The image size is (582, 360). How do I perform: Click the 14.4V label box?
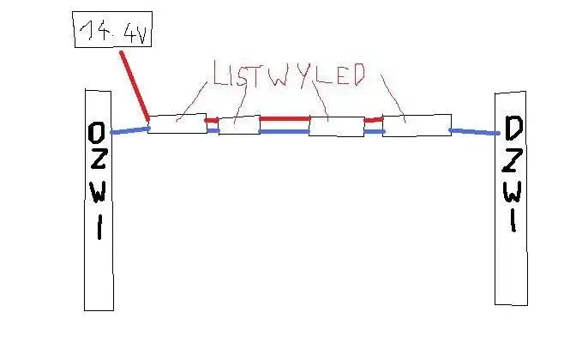[112, 30]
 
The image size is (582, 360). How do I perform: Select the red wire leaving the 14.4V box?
[135, 86]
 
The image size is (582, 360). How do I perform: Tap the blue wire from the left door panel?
[130, 130]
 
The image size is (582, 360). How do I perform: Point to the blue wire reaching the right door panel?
[474, 131]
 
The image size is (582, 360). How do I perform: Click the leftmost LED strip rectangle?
[177, 123]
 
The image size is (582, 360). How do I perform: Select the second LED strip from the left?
[239, 125]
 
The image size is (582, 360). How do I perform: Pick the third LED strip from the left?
[336, 126]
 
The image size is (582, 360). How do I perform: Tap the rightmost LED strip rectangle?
[417, 125]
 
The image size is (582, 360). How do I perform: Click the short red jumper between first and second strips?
[212, 120]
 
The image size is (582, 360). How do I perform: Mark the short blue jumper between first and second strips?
[213, 130]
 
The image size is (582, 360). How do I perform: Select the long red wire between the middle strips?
[285, 119]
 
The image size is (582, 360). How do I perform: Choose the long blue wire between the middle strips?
[285, 131]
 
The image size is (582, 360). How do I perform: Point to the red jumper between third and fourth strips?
[374, 120]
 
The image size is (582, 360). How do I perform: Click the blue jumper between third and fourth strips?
[374, 131]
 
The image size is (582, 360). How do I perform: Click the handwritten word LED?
[340, 75]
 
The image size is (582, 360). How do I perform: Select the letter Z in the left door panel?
[97, 159]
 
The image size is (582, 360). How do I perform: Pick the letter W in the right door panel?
[513, 191]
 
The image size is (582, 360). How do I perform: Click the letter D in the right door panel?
[513, 129]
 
